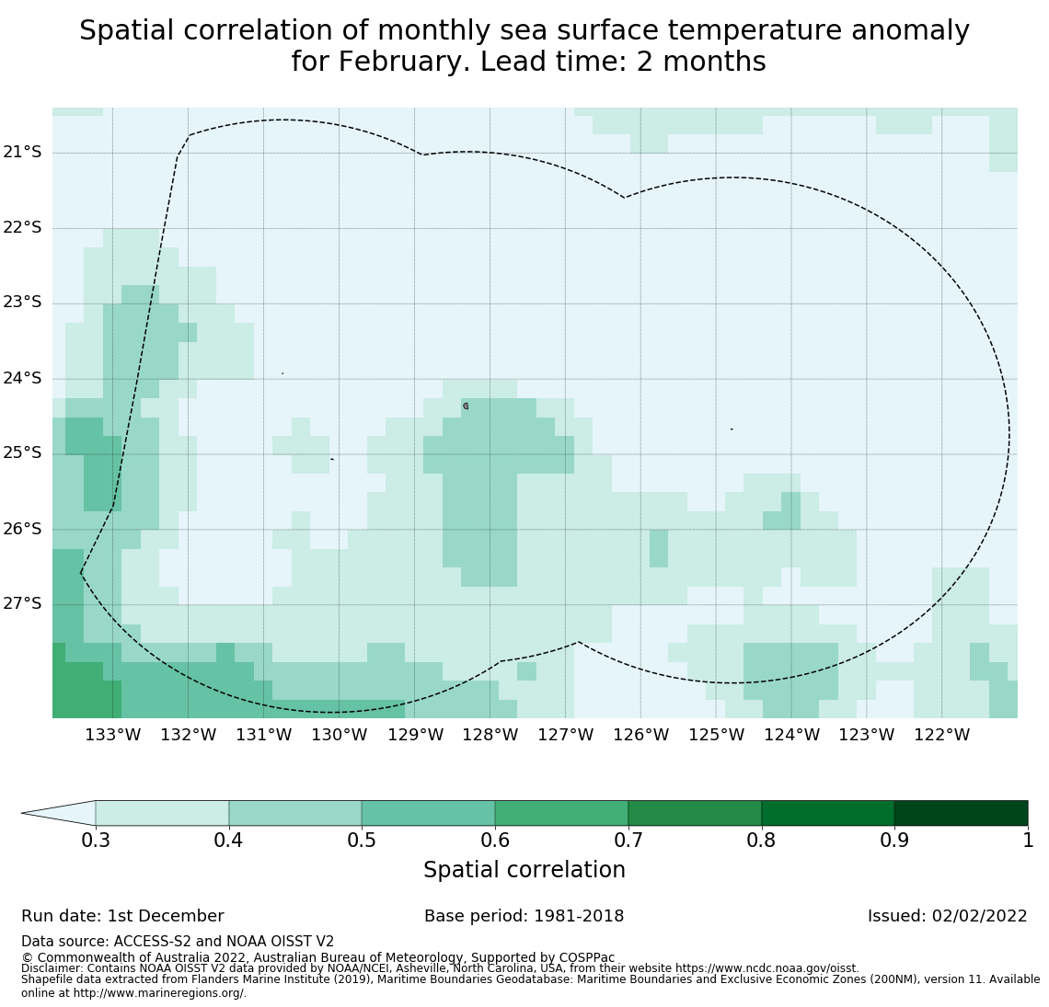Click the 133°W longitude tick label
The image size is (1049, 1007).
coord(112,735)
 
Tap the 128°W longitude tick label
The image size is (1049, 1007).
coord(490,735)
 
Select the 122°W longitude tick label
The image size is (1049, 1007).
coord(941,735)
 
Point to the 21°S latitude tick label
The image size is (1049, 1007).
coord(22,152)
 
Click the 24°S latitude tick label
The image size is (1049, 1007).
coord(22,378)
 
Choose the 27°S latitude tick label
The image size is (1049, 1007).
coord(22,603)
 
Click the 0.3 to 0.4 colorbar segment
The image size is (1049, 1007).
coord(162,813)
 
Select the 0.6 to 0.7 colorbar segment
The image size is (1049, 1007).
coord(561,813)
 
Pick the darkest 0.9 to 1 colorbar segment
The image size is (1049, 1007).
coord(961,813)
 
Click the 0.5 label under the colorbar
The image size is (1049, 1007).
coord(362,840)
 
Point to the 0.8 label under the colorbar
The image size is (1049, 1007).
coord(761,840)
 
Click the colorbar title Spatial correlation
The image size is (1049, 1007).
coord(524,870)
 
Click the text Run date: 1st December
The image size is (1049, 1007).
coord(122,916)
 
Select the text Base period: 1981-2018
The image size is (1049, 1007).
coord(524,916)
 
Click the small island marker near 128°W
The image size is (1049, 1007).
coord(466,406)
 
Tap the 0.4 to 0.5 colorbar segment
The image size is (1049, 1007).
coord(295,813)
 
